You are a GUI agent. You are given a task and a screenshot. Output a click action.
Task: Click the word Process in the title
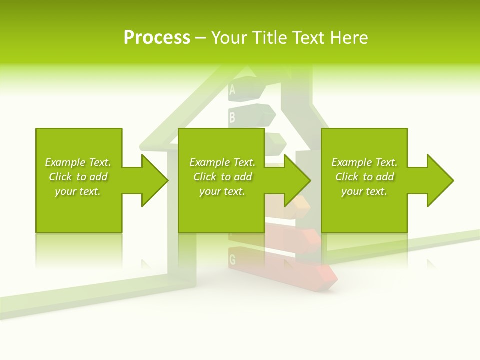(157, 38)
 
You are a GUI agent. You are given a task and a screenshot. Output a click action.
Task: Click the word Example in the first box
(65, 162)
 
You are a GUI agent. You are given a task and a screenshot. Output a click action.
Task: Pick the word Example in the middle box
(210, 162)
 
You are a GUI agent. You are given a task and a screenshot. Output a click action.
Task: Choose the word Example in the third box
(352, 162)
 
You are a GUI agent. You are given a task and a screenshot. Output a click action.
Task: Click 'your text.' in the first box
(78, 191)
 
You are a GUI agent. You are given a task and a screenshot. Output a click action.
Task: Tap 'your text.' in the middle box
(222, 191)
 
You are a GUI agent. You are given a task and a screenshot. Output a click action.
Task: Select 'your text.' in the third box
(364, 191)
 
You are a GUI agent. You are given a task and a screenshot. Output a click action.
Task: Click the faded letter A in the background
(232, 90)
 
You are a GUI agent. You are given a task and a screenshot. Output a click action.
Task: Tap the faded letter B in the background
(232, 118)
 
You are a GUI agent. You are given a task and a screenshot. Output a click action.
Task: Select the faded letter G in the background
(232, 260)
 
